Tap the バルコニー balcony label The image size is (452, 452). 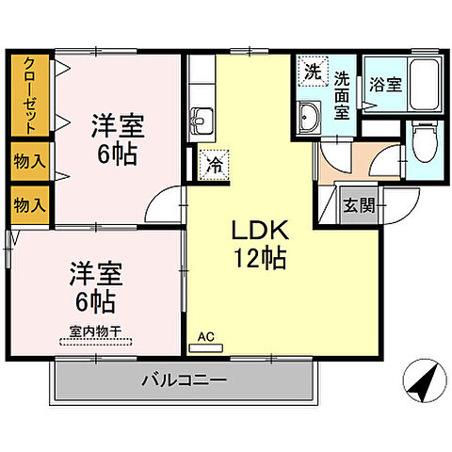(x=184, y=381)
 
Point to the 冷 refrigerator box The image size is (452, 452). (x=214, y=162)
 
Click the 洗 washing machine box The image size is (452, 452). (x=312, y=71)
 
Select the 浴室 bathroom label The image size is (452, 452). (x=384, y=84)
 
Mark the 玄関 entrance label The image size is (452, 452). (x=358, y=205)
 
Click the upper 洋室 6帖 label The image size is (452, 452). (x=117, y=139)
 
